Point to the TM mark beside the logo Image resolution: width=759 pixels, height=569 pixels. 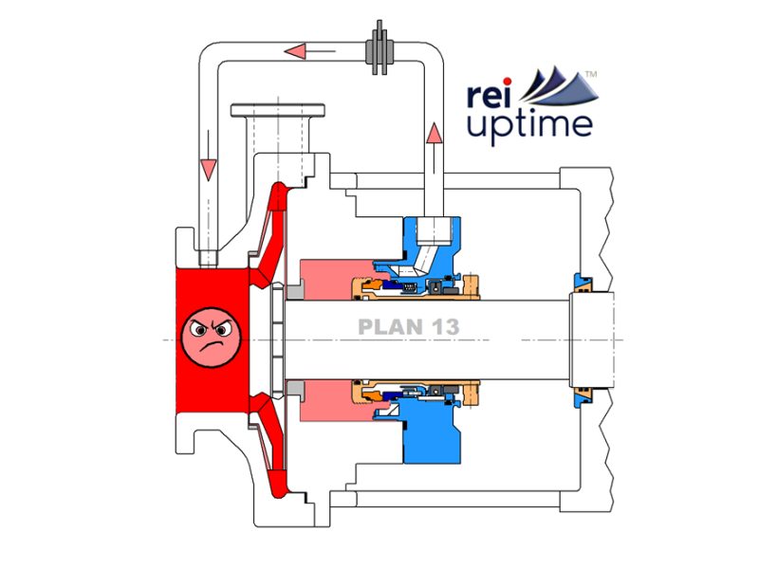(590, 73)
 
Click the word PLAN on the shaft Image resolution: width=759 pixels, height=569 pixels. (386, 327)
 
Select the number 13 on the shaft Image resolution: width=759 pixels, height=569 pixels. (441, 327)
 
